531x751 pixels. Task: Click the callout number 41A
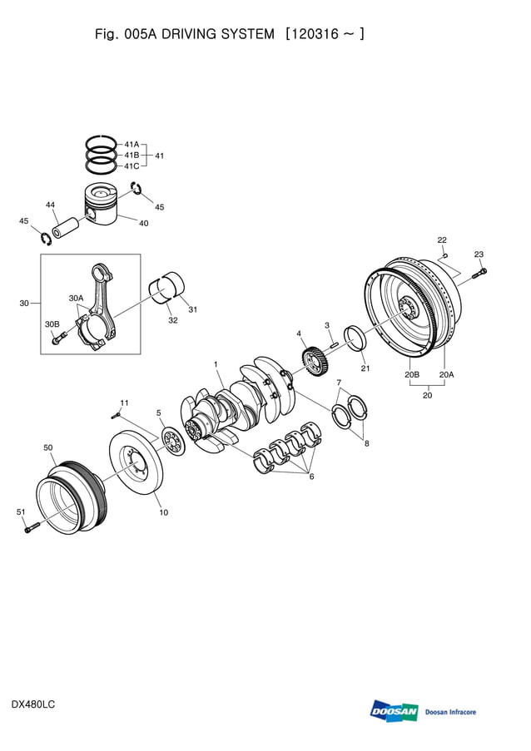tap(132, 144)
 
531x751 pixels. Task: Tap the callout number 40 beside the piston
tap(143, 223)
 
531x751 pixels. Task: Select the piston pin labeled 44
tap(67, 225)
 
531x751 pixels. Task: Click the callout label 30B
tap(52, 324)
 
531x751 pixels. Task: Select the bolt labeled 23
tap(481, 271)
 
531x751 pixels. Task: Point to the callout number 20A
tap(446, 375)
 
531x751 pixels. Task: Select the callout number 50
tap(48, 447)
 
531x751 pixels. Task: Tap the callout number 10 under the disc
tap(163, 512)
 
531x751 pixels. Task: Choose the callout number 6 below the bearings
tap(311, 477)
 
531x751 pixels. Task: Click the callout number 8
tap(366, 443)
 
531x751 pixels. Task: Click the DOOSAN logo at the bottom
tap(394, 711)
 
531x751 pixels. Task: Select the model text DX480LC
tap(33, 704)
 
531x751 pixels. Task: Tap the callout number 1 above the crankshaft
tap(216, 364)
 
